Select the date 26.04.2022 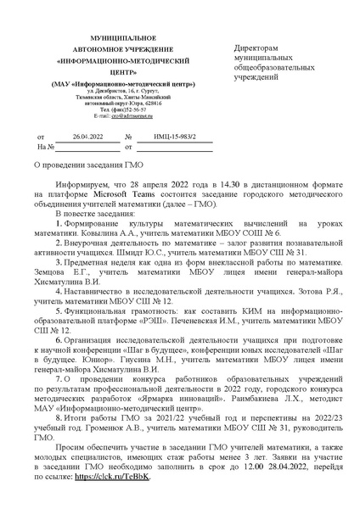click(87, 135)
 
